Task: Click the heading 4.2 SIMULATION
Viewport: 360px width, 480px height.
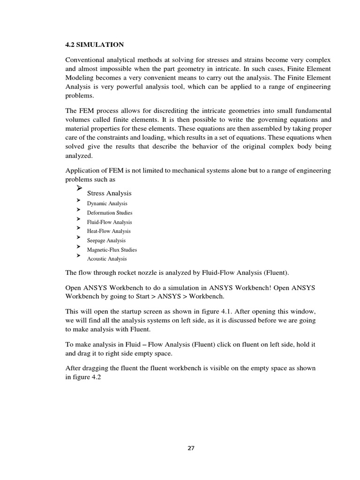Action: [95, 45]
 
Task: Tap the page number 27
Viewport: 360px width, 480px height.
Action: [190, 448]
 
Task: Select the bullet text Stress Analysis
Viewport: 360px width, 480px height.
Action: [109, 193]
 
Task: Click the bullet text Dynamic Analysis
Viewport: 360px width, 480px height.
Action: [107, 203]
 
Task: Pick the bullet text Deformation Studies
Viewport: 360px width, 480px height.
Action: [109, 213]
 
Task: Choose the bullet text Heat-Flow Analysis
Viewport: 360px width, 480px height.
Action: [109, 231]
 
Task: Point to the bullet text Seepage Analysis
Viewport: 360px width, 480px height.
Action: [106, 240]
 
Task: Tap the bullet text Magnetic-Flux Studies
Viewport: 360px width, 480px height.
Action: [112, 250]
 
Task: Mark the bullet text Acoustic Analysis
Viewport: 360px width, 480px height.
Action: [107, 259]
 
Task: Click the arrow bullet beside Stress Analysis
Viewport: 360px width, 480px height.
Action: [78, 188]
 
